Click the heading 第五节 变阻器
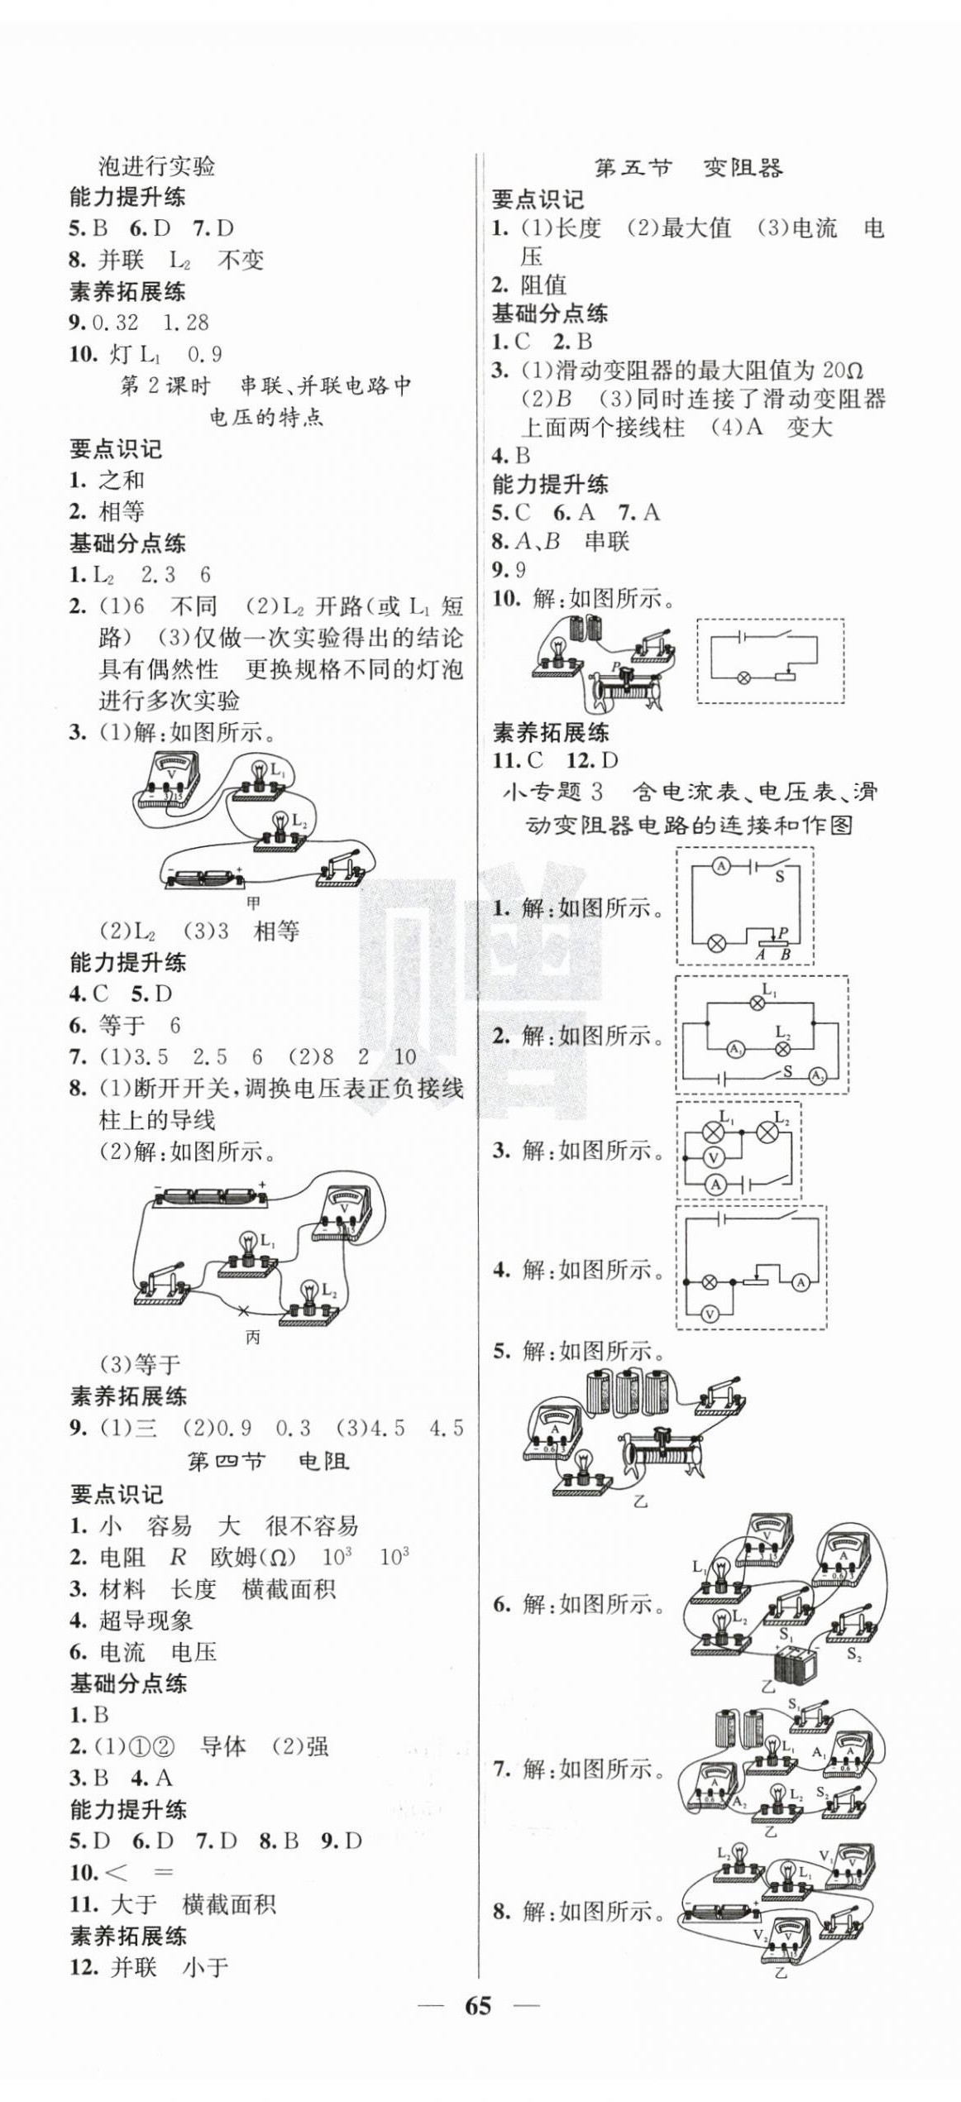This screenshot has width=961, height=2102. [688, 169]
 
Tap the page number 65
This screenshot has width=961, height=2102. [478, 2006]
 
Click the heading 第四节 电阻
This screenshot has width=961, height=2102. [268, 1462]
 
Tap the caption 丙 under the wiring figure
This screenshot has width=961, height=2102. [252, 1338]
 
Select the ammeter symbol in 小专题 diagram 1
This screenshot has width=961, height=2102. [721, 866]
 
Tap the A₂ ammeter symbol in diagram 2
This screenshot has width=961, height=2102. [817, 1076]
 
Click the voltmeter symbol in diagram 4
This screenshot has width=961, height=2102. [709, 1314]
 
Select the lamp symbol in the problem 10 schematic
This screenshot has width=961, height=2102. [743, 678]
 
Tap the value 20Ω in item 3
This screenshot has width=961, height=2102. [844, 371]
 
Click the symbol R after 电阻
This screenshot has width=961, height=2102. [178, 1558]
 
